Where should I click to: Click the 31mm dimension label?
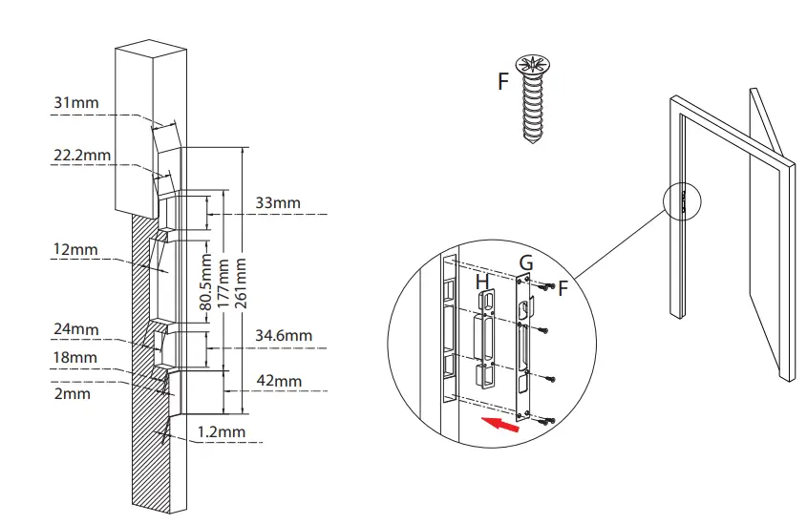[x=77, y=102]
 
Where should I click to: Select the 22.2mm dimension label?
[x=81, y=155]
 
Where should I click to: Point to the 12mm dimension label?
[x=76, y=249]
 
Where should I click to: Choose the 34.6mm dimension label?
[x=284, y=335]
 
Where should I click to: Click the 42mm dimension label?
[x=279, y=381]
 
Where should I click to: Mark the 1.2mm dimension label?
[x=221, y=431]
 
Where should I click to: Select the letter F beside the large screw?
[x=502, y=81]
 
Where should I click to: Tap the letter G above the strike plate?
[x=526, y=262]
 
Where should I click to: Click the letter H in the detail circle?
[x=483, y=282]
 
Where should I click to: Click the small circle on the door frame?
[x=683, y=201]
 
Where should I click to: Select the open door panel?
[x=771, y=239]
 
